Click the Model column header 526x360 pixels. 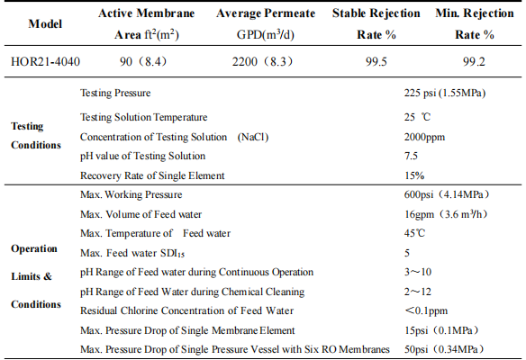pyautogui.click(x=45, y=23)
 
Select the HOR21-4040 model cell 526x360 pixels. pyautogui.click(x=45, y=62)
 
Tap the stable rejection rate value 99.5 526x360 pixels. pyautogui.click(x=376, y=62)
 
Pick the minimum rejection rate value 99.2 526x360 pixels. pyautogui.click(x=474, y=62)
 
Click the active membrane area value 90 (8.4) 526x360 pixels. pyautogui.click(x=143, y=62)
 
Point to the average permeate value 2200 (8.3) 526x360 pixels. pyautogui.click(x=263, y=62)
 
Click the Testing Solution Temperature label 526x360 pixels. pyautogui.click(x=143, y=117)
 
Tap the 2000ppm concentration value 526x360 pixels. pyautogui.click(x=424, y=137)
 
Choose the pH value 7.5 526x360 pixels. pyautogui.click(x=411, y=156)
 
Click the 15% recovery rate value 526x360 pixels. pyautogui.click(x=414, y=175)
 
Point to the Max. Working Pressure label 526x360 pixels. pyautogui.click(x=131, y=194)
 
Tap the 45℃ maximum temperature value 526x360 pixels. pyautogui.click(x=414, y=233)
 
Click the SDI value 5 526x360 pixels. pyautogui.click(x=407, y=252)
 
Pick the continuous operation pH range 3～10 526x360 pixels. pyautogui.click(x=418, y=272)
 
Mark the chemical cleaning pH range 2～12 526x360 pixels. pyautogui.click(x=418, y=292)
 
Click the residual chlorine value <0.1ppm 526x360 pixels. pyautogui.click(x=426, y=310)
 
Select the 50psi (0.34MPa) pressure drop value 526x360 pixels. pyautogui.click(x=444, y=349)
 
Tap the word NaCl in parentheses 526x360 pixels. pyautogui.click(x=253, y=137)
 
